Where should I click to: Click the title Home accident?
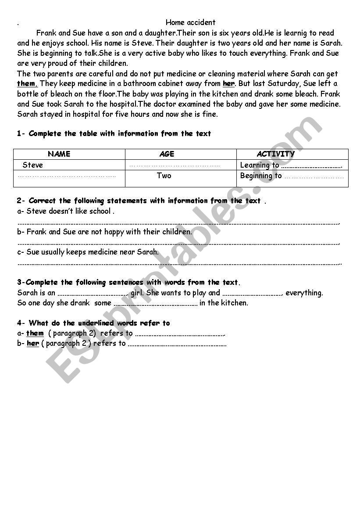click(x=190, y=22)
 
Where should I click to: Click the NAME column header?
click(x=59, y=154)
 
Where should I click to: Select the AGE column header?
click(x=167, y=154)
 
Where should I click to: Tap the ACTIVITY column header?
click(x=275, y=154)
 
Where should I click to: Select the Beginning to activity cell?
click(x=292, y=176)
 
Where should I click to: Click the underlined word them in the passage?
click(x=27, y=84)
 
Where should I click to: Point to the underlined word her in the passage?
click(x=228, y=84)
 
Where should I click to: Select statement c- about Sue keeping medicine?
click(x=88, y=252)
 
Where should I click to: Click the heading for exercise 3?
click(x=128, y=282)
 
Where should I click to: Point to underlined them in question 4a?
click(x=35, y=334)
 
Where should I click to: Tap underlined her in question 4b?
click(x=33, y=344)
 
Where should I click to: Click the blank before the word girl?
click(x=93, y=293)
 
